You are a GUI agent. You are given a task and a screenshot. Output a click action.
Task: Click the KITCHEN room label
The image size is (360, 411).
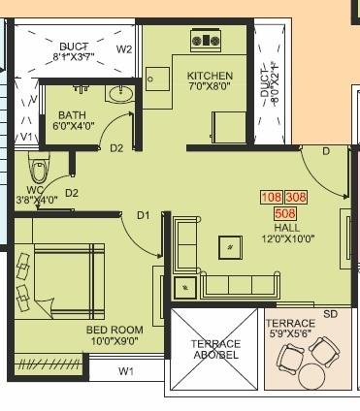210,75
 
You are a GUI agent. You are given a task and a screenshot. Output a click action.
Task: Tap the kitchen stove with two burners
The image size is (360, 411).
207,41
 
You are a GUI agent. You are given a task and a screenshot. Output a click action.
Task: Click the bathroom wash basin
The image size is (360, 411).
120,94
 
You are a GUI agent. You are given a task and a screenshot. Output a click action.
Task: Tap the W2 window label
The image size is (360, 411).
124,48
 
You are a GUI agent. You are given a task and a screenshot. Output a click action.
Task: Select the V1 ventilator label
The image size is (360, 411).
27,137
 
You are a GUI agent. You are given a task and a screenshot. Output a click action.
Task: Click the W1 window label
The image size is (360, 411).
126,370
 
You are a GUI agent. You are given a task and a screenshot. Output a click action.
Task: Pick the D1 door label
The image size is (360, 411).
143,214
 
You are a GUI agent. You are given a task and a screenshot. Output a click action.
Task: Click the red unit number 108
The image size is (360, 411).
271,197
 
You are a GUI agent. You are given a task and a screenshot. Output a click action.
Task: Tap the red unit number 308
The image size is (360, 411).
296,197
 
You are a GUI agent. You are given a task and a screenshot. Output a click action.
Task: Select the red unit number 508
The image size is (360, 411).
285,212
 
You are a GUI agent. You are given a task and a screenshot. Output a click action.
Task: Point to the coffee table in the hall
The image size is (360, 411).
231,246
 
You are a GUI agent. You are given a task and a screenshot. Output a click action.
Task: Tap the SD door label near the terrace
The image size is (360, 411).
330,314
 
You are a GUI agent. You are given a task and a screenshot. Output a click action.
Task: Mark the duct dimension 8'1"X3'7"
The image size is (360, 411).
74,57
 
